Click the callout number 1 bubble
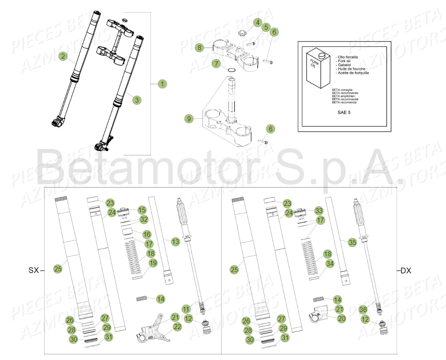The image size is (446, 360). click(162, 84)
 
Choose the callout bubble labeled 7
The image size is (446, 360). click(216, 63)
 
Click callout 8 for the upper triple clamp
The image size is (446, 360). click(199, 48)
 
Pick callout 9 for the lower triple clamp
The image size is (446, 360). click(189, 119)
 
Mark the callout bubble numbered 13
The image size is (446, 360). click(175, 242)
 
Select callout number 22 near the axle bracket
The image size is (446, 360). click(176, 327)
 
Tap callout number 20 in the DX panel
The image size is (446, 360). click(341, 319)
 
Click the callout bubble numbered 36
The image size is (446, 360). click(363, 310)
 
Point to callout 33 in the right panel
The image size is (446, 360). click(319, 210)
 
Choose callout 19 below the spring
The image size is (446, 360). click(152, 263)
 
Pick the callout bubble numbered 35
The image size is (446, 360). click(352, 242)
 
